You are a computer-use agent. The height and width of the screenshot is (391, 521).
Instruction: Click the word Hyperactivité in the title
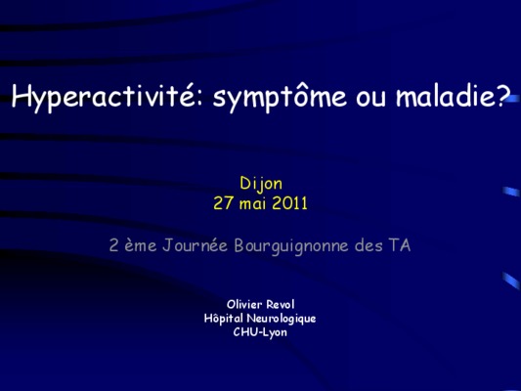point(103,97)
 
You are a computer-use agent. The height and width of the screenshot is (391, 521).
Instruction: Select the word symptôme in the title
point(280,97)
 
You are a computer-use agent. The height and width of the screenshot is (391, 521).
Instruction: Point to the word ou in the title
point(370,99)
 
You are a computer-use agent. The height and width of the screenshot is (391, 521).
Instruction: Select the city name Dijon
point(261,184)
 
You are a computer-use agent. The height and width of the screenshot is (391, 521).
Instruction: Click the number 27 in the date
point(223,203)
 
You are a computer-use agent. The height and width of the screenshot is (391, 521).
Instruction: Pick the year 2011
point(289,203)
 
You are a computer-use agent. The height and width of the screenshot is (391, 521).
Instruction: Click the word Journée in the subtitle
point(195,245)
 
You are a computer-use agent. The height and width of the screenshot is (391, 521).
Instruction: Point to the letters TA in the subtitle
point(400,245)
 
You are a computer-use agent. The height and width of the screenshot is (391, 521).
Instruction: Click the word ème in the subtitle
point(140,245)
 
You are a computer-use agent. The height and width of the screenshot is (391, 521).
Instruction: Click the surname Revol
point(281,304)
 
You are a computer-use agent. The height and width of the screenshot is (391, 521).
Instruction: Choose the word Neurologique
point(282,319)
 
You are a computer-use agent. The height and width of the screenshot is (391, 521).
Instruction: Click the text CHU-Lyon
point(260,332)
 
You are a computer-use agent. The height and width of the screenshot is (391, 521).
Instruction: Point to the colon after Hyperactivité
point(198,99)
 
